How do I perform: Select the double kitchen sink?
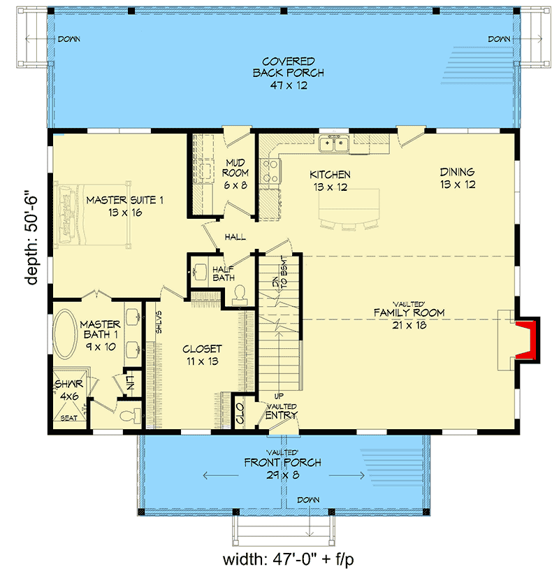coord(334,144)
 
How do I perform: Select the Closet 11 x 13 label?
coord(202,354)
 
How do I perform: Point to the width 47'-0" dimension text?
coord(293,559)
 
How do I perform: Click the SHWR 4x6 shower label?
coord(69,389)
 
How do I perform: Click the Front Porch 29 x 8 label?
coord(282,468)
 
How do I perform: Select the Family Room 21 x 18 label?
coord(409,318)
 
